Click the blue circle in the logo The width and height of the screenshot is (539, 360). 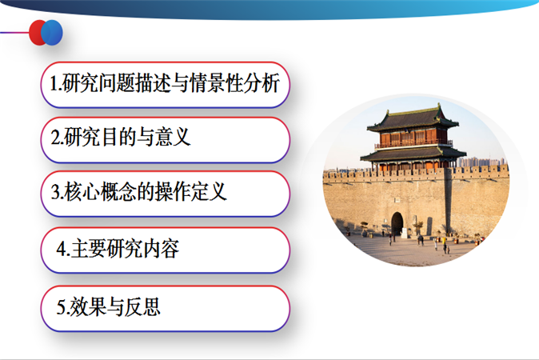[52, 33]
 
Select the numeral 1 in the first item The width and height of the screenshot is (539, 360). [54, 83]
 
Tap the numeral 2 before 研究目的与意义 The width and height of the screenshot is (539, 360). [56, 137]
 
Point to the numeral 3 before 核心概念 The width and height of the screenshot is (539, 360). [56, 191]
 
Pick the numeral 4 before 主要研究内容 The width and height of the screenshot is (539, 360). [62, 248]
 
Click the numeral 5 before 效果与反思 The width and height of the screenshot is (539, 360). [62, 306]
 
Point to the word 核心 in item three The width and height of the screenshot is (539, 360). [82, 191]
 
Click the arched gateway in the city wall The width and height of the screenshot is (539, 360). [397, 224]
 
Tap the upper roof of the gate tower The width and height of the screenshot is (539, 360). [413, 119]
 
